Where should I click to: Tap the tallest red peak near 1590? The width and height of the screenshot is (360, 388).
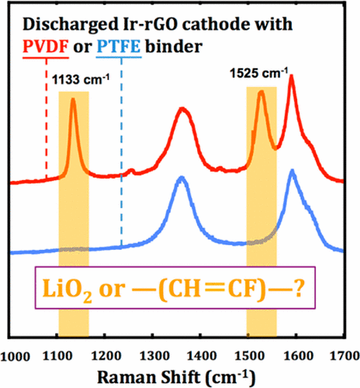pos(291,76)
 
